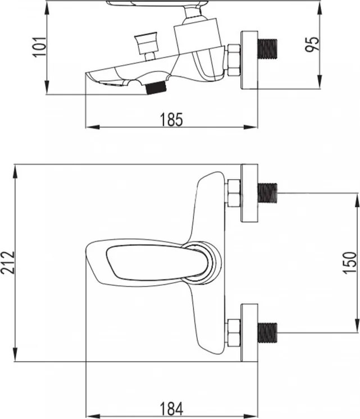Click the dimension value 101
click(39, 47)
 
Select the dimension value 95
click(312, 44)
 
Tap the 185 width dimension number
click(171, 120)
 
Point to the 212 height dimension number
click(7, 262)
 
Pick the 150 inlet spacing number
click(349, 263)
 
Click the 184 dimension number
click(171, 408)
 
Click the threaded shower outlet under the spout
click(156, 87)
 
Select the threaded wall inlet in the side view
click(267, 49)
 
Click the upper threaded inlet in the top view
click(267, 193)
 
